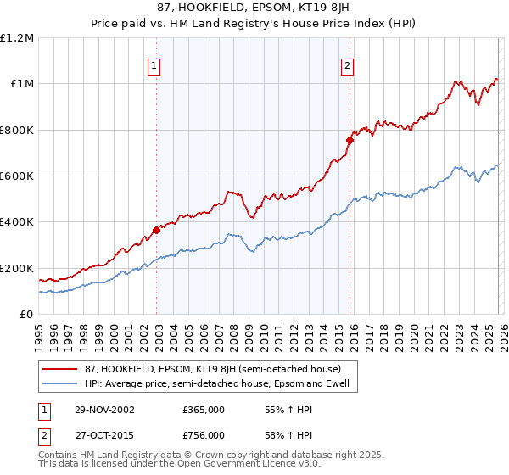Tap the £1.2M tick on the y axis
click(17, 38)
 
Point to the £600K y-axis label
click(17, 176)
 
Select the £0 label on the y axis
click(25, 315)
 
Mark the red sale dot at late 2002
click(157, 230)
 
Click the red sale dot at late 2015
click(350, 140)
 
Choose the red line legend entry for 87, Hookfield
click(207, 369)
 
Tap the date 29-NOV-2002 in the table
click(103, 410)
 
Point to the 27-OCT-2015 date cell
click(103, 434)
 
